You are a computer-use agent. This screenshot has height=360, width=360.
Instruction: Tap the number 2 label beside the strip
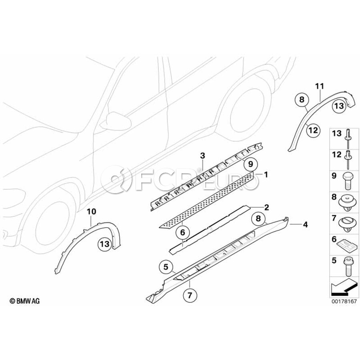click(x=266, y=207)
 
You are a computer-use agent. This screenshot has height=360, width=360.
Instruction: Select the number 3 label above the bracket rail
click(x=202, y=155)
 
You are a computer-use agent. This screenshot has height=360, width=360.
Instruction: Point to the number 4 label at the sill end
click(x=305, y=225)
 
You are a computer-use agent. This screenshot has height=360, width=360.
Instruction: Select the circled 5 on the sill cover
click(x=166, y=266)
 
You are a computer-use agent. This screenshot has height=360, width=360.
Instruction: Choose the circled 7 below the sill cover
click(x=190, y=296)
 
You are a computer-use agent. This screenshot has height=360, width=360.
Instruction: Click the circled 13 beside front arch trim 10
click(x=104, y=244)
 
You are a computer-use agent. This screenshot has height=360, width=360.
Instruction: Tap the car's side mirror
click(x=113, y=121)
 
